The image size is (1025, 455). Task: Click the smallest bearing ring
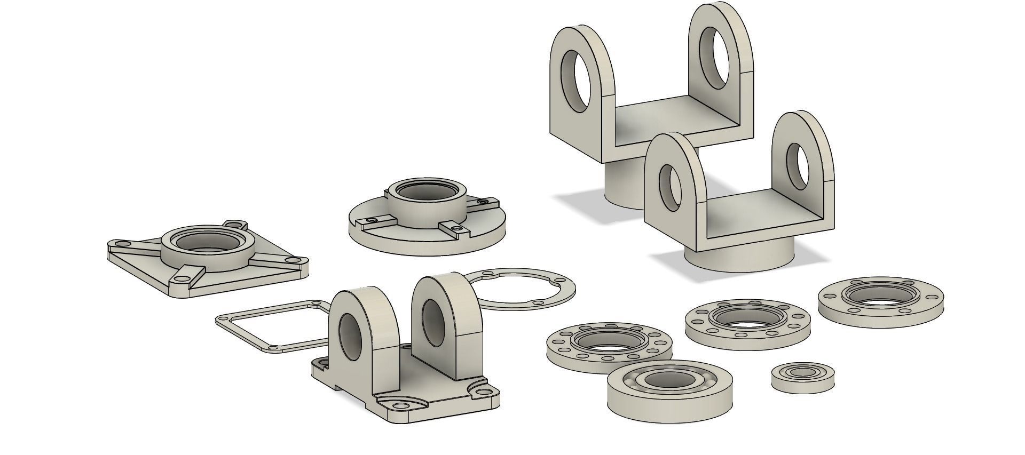pyautogui.click(x=802, y=378)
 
